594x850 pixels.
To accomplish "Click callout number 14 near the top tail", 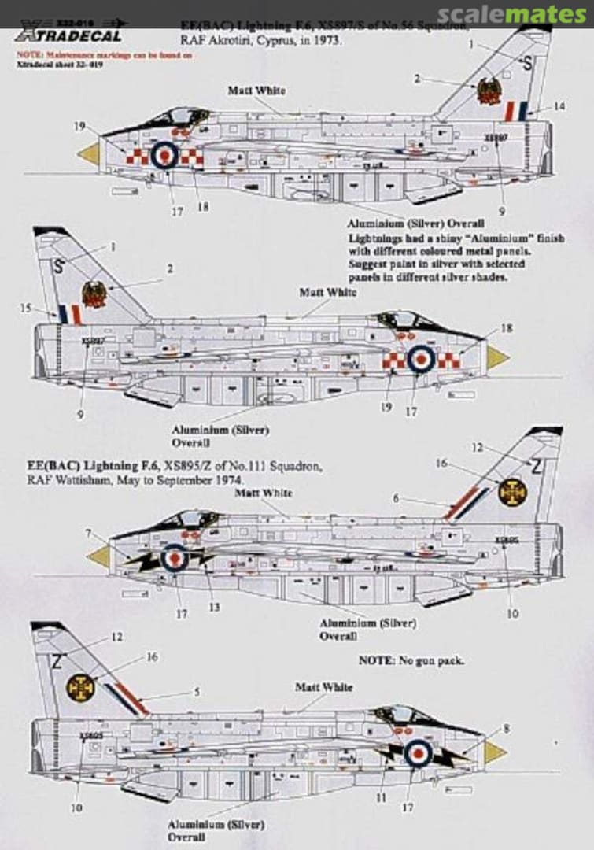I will [559, 106].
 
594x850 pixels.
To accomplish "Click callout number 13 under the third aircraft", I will [214, 607].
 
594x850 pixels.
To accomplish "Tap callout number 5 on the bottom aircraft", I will [197, 691].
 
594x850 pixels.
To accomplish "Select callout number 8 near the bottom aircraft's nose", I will [507, 729].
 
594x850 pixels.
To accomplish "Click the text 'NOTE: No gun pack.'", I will [411, 660].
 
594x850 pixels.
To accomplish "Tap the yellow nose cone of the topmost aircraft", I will [90, 153].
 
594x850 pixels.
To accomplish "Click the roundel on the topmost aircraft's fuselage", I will [164, 155].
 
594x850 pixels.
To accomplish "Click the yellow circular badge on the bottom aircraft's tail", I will [80, 688].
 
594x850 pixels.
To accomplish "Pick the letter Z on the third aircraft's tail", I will [537, 467].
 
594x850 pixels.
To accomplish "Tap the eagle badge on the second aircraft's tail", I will [94, 294].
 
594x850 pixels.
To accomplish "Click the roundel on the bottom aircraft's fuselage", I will [419, 753].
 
